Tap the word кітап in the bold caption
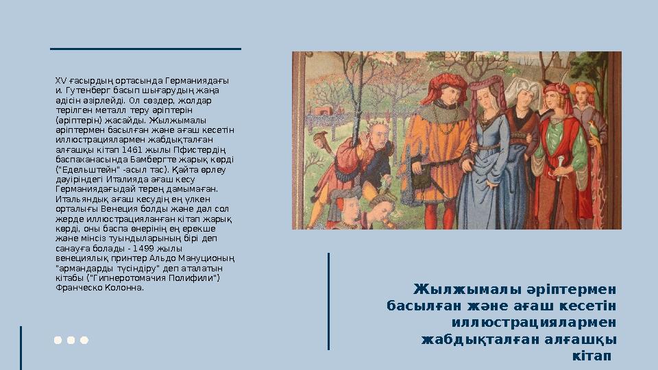pyautogui.click(x=592, y=357)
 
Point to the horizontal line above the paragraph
pyautogui.click(x=146, y=49)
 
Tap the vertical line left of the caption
pyautogui.click(x=329, y=301)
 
